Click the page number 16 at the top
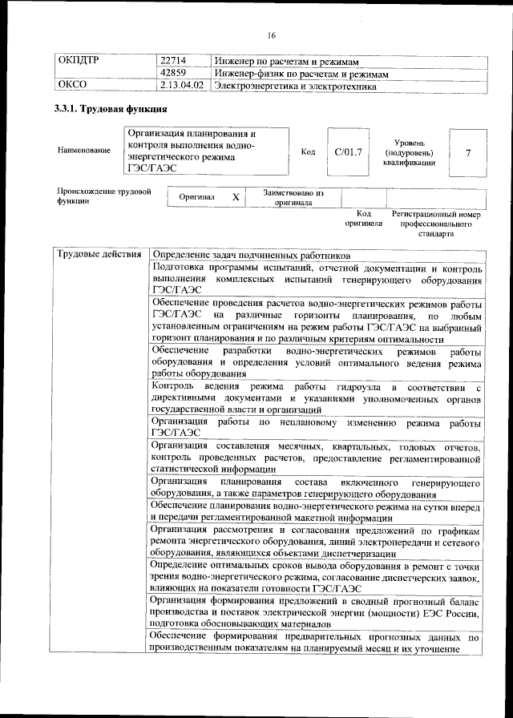click(x=271, y=35)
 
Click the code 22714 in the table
click(x=173, y=62)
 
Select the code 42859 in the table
click(x=173, y=73)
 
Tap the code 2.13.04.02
click(x=182, y=84)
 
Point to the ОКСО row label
click(x=73, y=84)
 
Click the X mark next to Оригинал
click(x=236, y=197)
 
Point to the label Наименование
click(x=84, y=151)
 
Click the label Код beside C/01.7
click(x=308, y=151)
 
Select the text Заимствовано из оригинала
click(x=293, y=197)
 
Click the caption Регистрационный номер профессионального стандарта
click(x=435, y=225)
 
